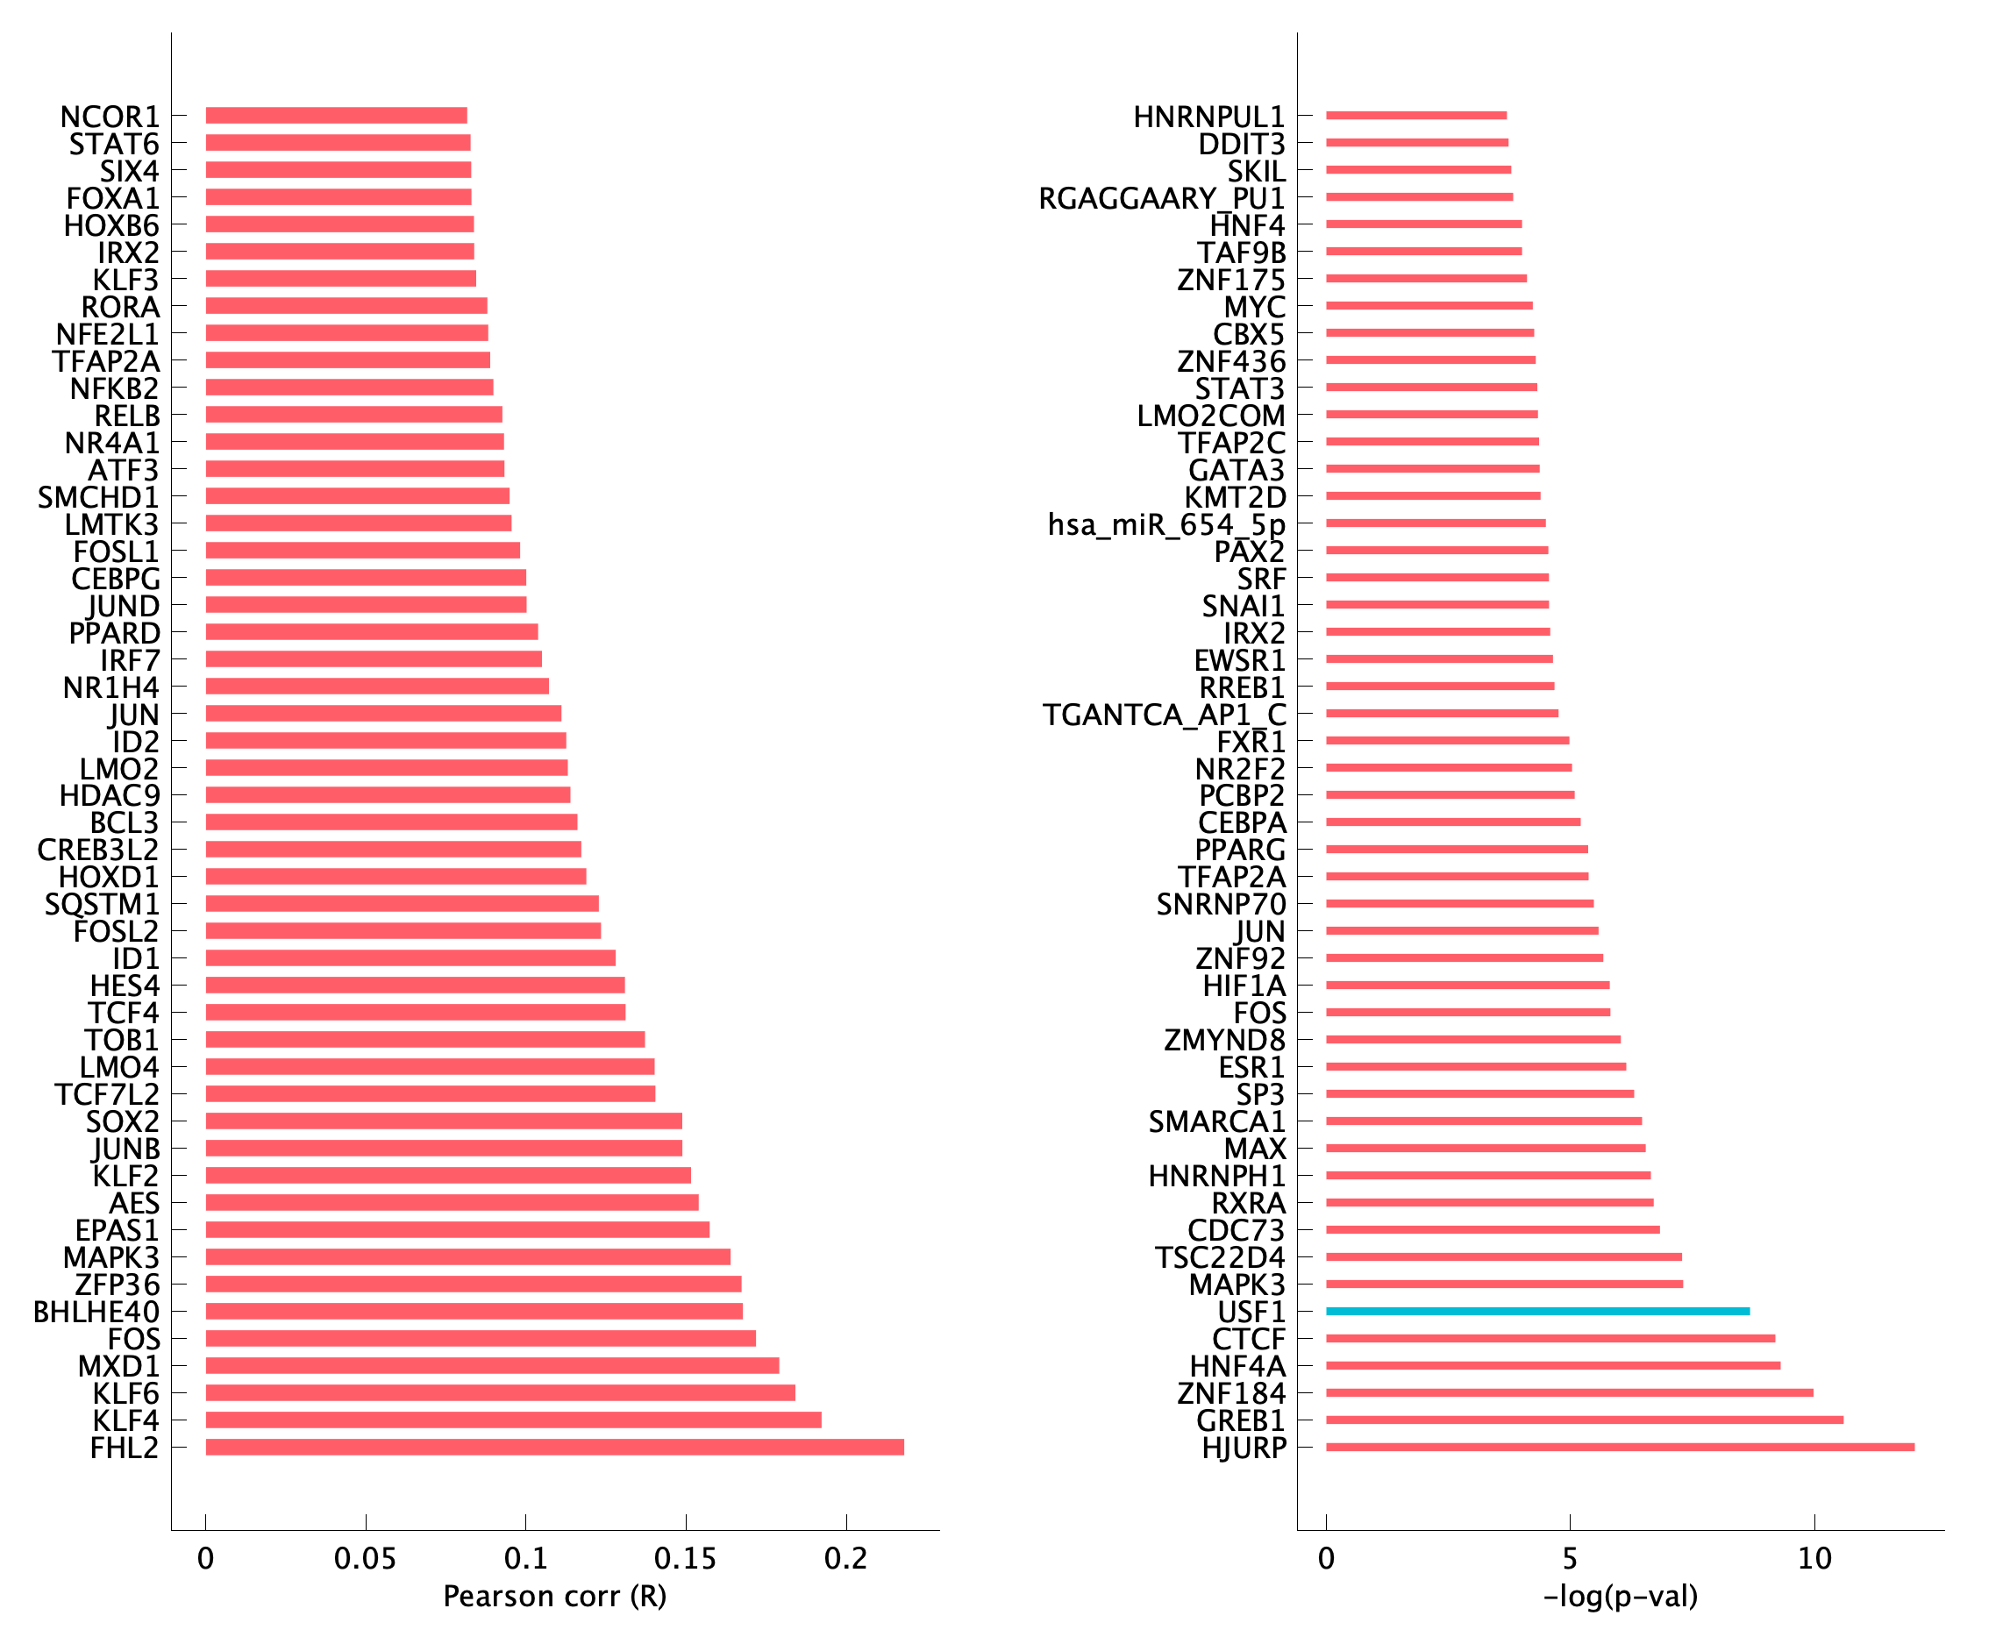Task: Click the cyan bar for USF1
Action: tap(1536, 1312)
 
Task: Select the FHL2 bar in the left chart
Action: tap(554, 1447)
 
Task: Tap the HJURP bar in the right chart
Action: tap(1619, 1447)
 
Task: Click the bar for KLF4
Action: tap(512, 1420)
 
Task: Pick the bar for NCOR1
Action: tap(336, 116)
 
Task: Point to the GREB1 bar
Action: tap(1584, 1420)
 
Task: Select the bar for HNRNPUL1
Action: tap(1415, 116)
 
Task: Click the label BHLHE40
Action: tap(96, 1313)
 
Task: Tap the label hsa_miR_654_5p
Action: tap(1166, 524)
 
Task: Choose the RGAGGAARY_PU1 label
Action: tap(1161, 199)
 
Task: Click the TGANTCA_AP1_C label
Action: tap(1164, 715)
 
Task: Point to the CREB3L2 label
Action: tap(98, 850)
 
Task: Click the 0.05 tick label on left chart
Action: tap(365, 1559)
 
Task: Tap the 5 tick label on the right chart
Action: tap(1570, 1559)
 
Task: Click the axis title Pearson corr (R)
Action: tap(554, 1597)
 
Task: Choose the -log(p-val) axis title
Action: tap(1620, 1597)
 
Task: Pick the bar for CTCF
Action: tap(1550, 1338)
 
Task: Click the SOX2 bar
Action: tap(443, 1121)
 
